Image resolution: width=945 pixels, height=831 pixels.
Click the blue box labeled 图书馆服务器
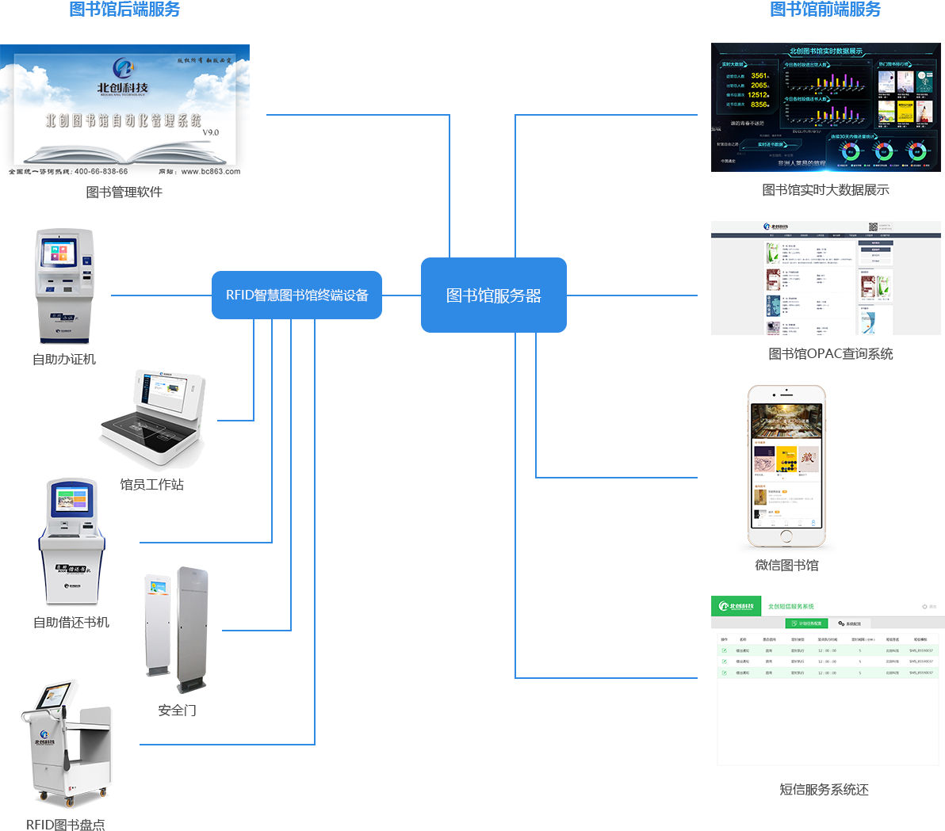pos(493,295)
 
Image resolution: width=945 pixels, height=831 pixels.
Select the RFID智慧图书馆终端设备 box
pos(297,295)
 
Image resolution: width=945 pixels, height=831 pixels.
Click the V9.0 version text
pos(210,132)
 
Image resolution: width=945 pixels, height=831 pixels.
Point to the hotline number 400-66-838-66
pos(101,171)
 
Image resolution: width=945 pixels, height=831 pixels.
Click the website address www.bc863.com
pos(210,171)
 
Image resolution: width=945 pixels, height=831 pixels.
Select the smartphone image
pos(786,470)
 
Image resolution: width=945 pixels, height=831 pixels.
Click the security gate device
pos(176,630)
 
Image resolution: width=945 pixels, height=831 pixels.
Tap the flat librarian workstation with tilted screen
pos(152,420)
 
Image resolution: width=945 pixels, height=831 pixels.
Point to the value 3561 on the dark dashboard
pos(759,76)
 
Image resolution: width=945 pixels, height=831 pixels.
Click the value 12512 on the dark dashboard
pos(758,95)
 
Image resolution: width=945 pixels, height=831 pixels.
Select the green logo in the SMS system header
pos(736,606)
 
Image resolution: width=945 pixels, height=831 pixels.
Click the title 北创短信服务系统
pos(790,606)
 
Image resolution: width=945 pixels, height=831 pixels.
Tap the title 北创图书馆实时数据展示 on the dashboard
pos(825,51)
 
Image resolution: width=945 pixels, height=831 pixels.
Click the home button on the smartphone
pos(786,536)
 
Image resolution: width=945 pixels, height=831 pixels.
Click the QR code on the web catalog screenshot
pos(873,227)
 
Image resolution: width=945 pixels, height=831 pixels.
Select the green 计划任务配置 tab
pos(806,623)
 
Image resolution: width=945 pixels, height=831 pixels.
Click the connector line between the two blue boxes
pos(401,295)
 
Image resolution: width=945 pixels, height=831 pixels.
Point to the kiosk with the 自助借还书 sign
pos(71,543)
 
